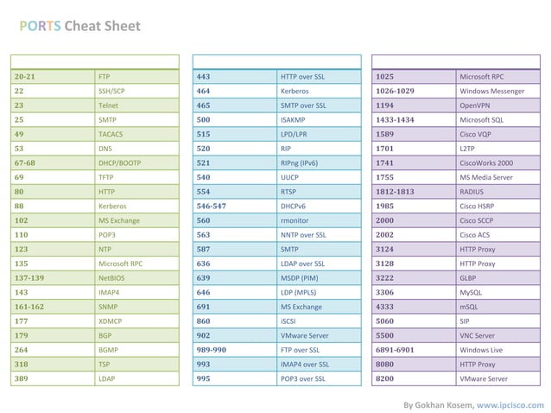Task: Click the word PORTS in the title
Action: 41,26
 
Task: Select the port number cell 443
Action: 204,77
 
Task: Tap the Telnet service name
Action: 108,105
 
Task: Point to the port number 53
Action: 19,149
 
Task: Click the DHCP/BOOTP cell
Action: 119,163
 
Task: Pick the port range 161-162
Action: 29,307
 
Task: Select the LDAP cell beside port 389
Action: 106,378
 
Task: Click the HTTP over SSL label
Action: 302,77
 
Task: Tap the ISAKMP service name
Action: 294,120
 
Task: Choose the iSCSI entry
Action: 289,321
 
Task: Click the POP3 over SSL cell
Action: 302,378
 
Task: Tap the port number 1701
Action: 385,149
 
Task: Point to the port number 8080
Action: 385,365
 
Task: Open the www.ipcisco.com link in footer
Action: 510,404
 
